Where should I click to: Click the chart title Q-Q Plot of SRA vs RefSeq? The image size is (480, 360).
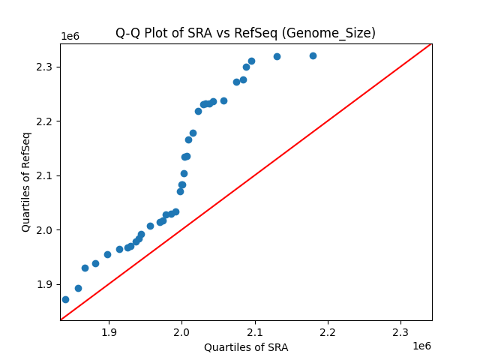(245, 33)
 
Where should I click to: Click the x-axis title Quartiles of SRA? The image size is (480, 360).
(246, 347)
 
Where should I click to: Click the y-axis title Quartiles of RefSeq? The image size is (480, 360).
(26, 181)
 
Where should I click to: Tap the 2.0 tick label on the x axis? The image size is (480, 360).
(182, 331)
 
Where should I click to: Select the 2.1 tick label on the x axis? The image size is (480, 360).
(255, 331)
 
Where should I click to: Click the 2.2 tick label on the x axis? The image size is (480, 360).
(328, 331)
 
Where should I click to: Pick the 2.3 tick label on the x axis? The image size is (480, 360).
(400, 331)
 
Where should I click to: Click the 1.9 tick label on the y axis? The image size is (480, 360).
(44, 284)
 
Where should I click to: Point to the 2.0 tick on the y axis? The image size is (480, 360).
(44, 229)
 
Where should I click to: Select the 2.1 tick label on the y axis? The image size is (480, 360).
(44, 175)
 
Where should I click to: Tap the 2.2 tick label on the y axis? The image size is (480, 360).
(44, 121)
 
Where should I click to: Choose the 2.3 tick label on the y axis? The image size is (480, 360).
(44, 67)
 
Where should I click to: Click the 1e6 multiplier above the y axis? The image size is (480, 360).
(70, 37)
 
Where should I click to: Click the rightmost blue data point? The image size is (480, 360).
(313, 55)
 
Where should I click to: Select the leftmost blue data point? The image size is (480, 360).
(65, 299)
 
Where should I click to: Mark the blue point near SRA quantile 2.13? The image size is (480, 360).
(277, 56)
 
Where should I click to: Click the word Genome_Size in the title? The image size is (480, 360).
(337, 33)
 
